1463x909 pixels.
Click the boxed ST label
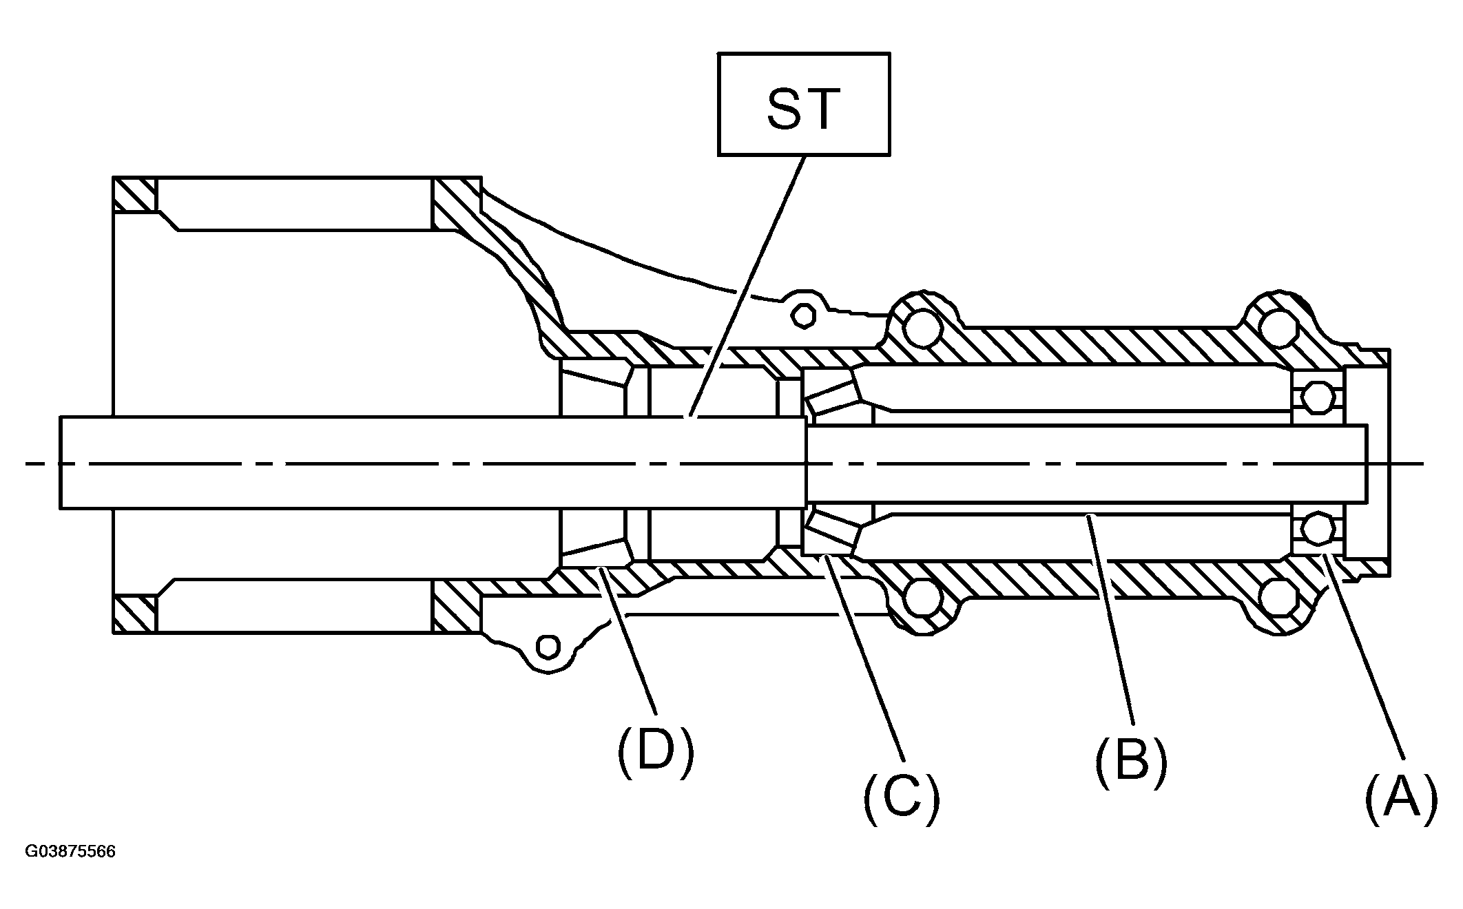pyautogui.click(x=803, y=104)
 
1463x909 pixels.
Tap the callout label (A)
pyautogui.click(x=1401, y=800)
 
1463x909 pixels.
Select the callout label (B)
pyautogui.click(x=1131, y=763)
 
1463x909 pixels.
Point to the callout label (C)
pyautogui.click(x=902, y=800)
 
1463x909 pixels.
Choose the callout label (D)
pyautogui.click(x=655, y=751)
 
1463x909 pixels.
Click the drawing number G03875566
pyautogui.click(x=70, y=852)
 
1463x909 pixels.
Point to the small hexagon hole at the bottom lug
pyautogui.click(x=548, y=647)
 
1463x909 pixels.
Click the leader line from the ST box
pyautogui.click(x=747, y=286)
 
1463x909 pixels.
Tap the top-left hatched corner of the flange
pyautogui.click(x=135, y=195)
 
